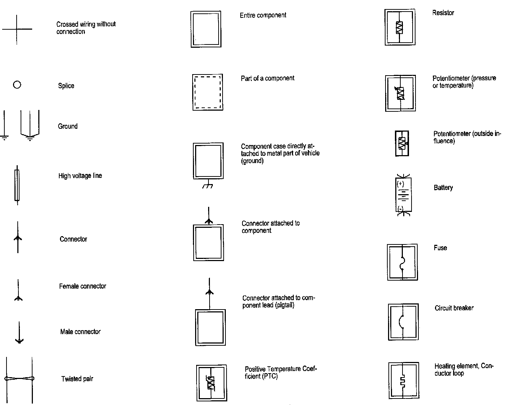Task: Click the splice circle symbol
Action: pos(17,85)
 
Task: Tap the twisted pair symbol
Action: pos(19,379)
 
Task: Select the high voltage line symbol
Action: pos(17,185)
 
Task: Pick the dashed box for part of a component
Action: pos(207,92)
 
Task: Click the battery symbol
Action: pos(403,195)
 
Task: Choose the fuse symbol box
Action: pos(402,263)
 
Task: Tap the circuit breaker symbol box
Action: pos(403,322)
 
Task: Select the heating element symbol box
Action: pos(404,380)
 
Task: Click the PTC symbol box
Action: pos(211,383)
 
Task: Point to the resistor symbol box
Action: pos(400,27)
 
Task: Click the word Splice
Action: pos(66,86)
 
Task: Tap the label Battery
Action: pos(443,188)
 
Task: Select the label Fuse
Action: pos(440,248)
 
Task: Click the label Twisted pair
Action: pos(77,379)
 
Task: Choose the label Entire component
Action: pos(263,15)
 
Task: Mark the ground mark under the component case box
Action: pos(207,185)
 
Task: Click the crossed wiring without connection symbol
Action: pos(17,29)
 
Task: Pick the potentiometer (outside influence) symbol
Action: pos(402,144)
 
